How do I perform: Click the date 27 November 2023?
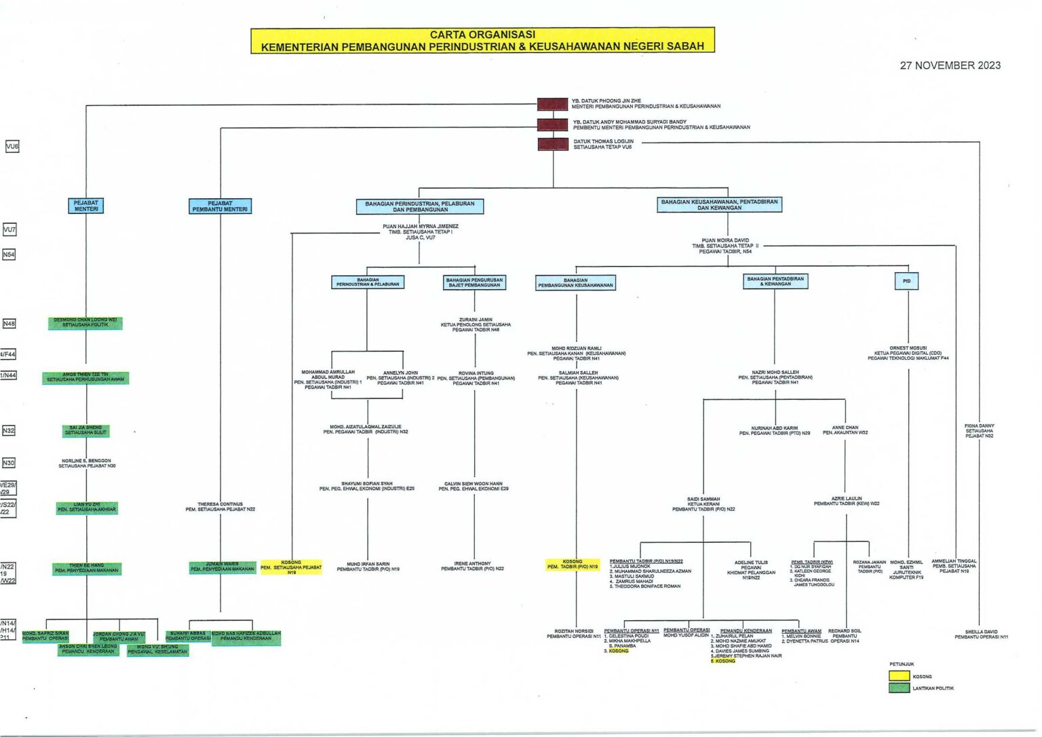950,66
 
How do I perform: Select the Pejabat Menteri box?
86,206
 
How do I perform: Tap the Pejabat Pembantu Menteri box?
220,206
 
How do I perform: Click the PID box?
906,281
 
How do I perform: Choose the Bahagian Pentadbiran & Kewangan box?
775,281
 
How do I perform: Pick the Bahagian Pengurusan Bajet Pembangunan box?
474,282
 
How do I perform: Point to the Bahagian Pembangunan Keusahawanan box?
575,282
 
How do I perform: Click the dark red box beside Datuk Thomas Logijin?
553,144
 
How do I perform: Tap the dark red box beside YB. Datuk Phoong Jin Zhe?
553,104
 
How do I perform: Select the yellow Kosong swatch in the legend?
899,676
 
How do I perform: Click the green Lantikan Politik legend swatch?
899,687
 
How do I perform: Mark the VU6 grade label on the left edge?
12,147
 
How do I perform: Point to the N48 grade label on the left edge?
9,324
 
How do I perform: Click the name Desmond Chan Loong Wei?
85,320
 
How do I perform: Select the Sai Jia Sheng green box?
85,430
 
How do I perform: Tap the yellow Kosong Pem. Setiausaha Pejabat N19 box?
291,567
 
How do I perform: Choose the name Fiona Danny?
979,426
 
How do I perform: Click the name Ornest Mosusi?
908,348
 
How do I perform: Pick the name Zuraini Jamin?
476,320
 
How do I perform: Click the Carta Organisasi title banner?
482,41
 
